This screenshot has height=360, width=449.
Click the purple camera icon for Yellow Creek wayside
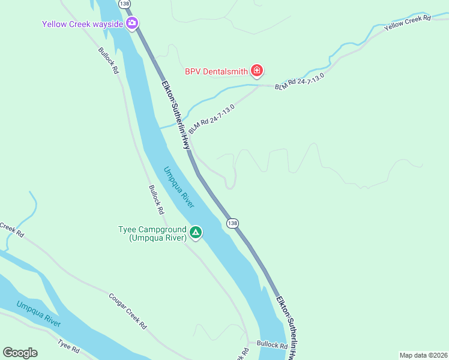pyautogui.click(x=132, y=24)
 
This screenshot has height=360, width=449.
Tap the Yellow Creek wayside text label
pyautogui.click(x=82, y=25)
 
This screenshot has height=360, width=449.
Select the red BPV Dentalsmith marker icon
pyautogui.click(x=257, y=71)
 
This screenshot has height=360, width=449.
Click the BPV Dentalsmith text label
pyautogui.click(x=216, y=71)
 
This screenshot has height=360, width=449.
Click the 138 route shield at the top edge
pyautogui.click(x=124, y=4)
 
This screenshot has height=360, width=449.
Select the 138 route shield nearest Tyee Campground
pyautogui.click(x=233, y=223)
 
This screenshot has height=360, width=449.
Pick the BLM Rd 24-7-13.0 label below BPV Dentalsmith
pyautogui.click(x=211, y=119)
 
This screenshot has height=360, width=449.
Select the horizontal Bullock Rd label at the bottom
pyautogui.click(x=272, y=344)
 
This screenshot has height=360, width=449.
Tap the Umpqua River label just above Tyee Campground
pyautogui.click(x=179, y=187)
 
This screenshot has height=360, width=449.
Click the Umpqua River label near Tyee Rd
pyautogui.click(x=38, y=314)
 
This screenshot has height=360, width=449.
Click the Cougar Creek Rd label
pyautogui.click(x=128, y=311)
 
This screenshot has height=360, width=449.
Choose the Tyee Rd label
pyautogui.click(x=69, y=346)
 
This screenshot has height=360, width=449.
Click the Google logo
pyautogui.click(x=20, y=353)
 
